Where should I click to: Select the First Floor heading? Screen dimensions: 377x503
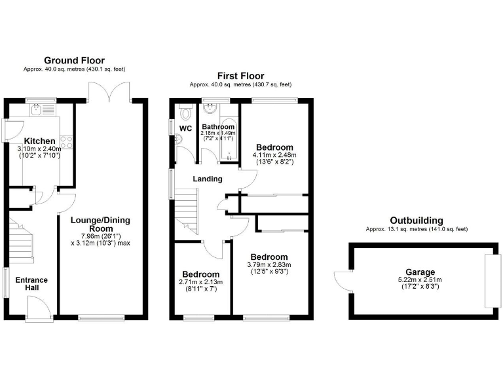[240, 76]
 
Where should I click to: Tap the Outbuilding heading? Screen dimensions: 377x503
[416, 221]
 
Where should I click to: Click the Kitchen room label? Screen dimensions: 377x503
[39, 141]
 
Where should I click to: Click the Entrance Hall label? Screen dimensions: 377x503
[31, 284]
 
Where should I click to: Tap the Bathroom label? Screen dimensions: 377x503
[217, 127]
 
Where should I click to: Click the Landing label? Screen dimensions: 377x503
[207, 179]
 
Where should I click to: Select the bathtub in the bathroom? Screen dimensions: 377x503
[229, 141]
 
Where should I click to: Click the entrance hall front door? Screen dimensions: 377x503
[36, 309]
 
